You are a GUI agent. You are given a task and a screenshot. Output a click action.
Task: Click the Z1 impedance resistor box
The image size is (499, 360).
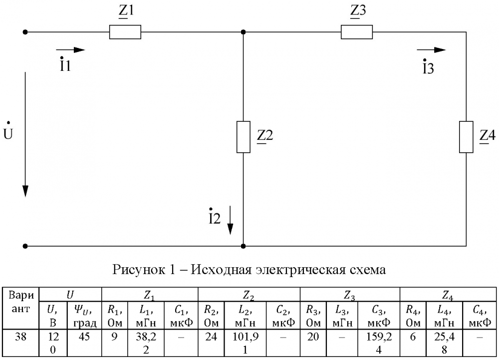point(125,32)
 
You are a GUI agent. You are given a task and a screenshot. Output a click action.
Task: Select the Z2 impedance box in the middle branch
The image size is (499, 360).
point(243,136)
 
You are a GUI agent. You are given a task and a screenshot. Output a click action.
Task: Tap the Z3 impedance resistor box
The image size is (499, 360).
point(357,32)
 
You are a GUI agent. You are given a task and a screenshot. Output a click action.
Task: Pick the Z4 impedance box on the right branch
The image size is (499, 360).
point(466,136)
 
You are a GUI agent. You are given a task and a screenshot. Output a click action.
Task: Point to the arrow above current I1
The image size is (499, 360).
point(70,50)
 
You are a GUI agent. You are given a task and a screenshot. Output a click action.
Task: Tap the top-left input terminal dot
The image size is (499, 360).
point(25,32)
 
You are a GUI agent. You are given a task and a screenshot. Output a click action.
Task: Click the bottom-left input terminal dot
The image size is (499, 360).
point(25,246)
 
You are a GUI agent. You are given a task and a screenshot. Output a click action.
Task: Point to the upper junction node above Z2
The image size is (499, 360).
point(243,32)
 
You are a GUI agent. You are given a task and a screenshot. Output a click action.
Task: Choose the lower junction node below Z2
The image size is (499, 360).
point(243,246)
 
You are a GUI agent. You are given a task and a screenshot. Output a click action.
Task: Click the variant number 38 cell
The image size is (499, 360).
point(21,337)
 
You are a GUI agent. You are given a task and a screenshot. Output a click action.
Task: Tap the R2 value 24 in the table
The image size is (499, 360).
point(211,337)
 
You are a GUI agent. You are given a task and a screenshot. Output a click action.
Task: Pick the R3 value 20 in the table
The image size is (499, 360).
point(313,337)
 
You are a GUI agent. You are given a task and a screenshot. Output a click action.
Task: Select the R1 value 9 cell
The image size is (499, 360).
point(115,337)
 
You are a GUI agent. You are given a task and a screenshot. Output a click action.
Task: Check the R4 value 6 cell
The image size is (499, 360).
point(413,337)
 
